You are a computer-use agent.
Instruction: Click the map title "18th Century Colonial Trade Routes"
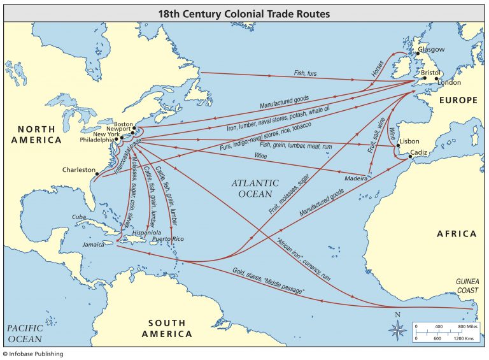click(244, 11)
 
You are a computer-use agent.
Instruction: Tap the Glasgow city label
click(432, 49)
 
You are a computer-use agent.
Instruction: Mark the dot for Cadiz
click(411, 156)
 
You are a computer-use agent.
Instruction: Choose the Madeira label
click(356, 178)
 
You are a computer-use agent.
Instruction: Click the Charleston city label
click(78, 170)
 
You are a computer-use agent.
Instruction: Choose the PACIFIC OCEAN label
click(25, 333)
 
